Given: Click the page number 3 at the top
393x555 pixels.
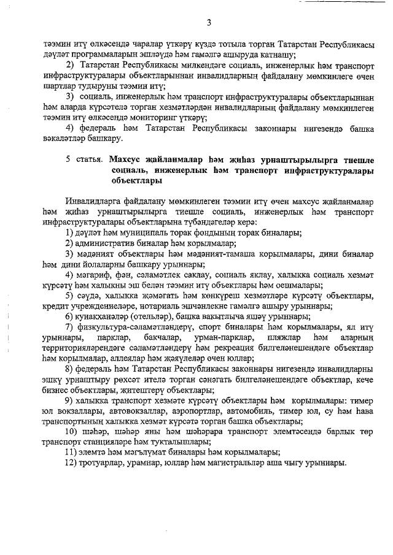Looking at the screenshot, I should point(209,23).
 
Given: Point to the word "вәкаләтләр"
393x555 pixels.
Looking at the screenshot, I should point(66,139).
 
